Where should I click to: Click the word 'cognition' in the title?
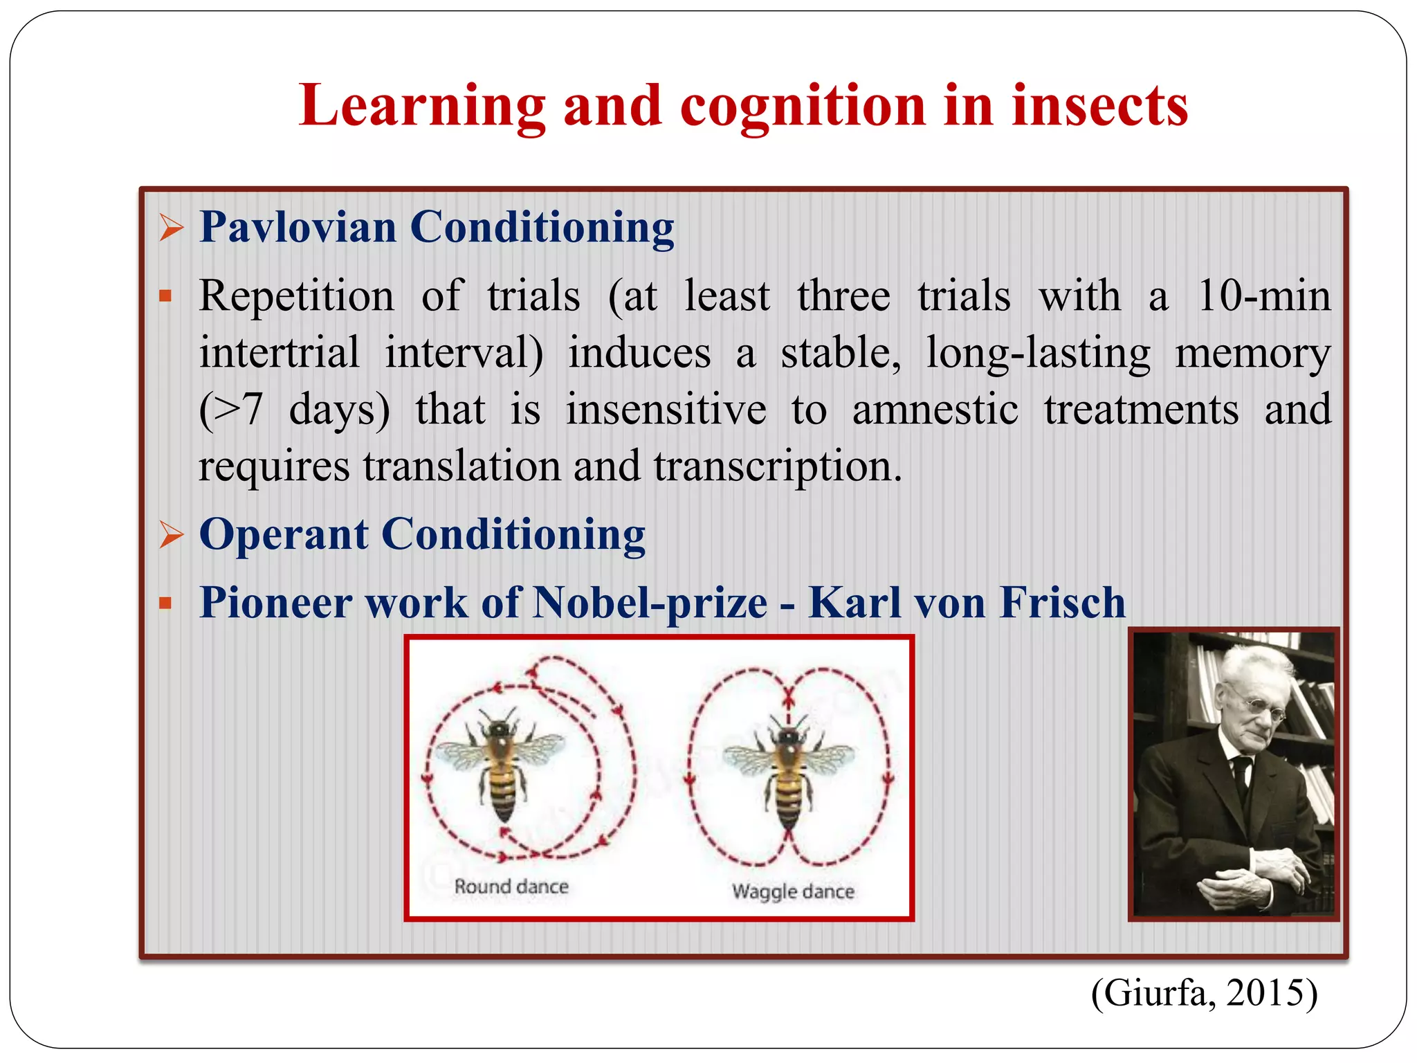click(x=803, y=106)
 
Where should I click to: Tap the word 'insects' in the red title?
click(x=1099, y=106)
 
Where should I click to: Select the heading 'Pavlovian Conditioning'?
click(x=437, y=227)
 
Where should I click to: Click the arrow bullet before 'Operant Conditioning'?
click(x=171, y=535)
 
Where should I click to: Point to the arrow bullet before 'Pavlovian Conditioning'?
click(x=171, y=228)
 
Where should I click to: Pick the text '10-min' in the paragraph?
click(x=1263, y=296)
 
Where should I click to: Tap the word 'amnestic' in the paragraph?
click(x=935, y=410)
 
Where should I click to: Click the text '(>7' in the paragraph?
click(x=231, y=410)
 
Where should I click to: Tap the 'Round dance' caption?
click(x=511, y=887)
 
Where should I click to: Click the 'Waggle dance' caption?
click(x=793, y=891)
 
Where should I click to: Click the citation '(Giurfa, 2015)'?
click(x=1204, y=993)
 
